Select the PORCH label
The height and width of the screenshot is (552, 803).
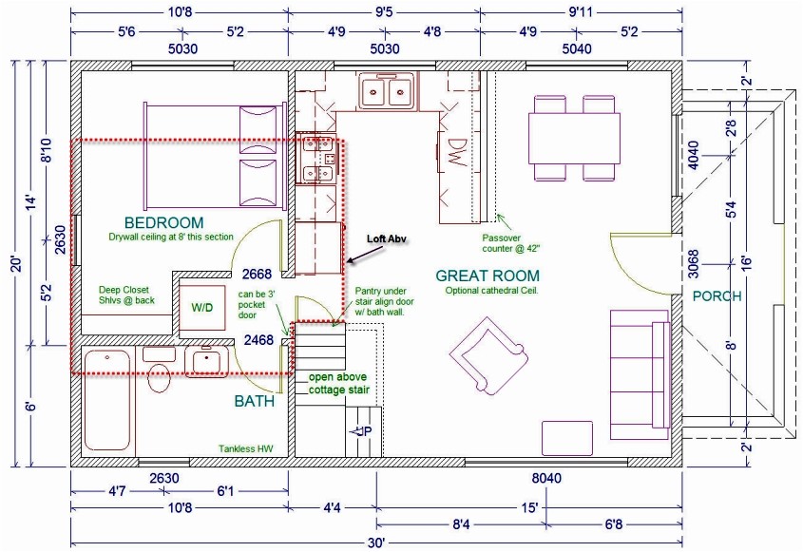tap(717, 295)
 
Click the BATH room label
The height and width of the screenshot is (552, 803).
tap(255, 401)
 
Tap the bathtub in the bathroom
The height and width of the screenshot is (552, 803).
tap(105, 399)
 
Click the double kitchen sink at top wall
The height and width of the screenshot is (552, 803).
tap(384, 93)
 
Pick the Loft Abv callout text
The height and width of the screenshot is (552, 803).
tap(386, 239)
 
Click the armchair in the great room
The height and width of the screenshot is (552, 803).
tap(482, 354)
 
